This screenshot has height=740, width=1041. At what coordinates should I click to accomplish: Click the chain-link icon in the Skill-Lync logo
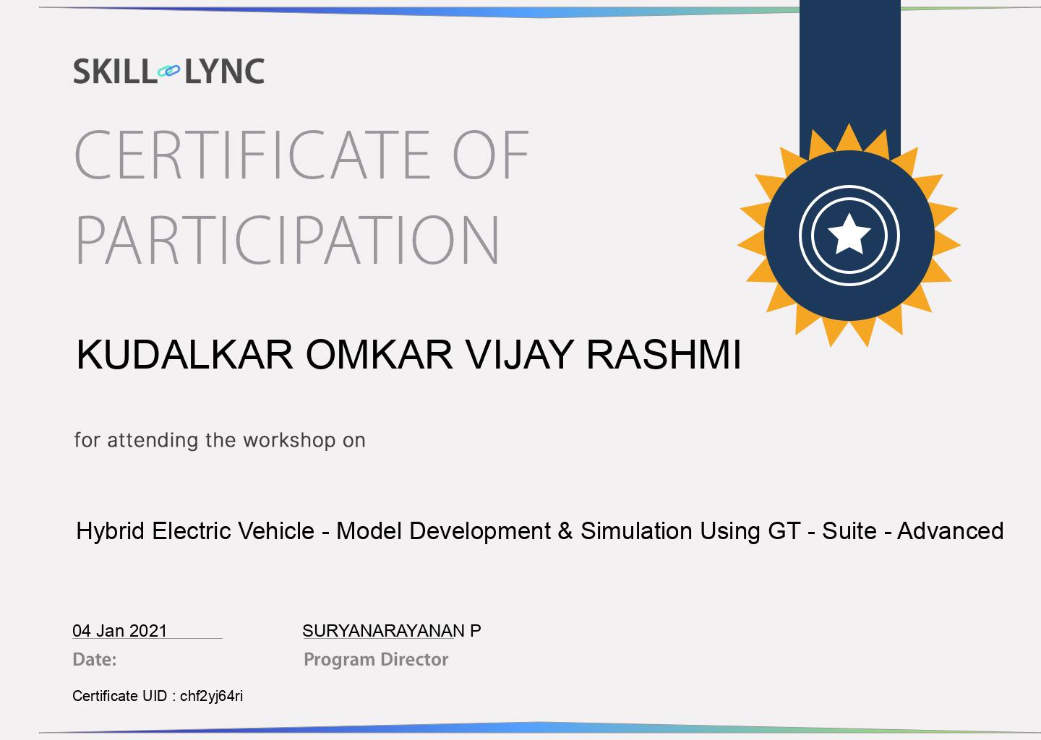click(x=168, y=71)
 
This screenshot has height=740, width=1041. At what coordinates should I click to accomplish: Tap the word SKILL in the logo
click(x=113, y=72)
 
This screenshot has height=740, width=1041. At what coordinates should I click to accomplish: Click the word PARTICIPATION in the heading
click(x=288, y=240)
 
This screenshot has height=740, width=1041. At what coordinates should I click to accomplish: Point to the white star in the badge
click(x=849, y=235)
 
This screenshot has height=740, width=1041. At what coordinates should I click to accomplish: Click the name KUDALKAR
click(x=185, y=355)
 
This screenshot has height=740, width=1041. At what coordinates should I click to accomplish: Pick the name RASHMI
click(x=663, y=355)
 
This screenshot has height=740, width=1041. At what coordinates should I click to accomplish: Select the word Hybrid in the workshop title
click(x=111, y=532)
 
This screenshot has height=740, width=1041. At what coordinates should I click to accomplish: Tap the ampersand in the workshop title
click(x=565, y=531)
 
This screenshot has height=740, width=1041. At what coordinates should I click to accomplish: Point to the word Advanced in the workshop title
click(x=950, y=531)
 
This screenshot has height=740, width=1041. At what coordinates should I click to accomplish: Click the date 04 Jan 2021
click(x=119, y=631)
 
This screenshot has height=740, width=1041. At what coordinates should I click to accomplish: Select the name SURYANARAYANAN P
click(x=391, y=631)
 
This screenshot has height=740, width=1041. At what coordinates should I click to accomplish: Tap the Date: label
click(x=94, y=660)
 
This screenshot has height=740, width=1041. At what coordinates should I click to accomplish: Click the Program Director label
click(x=376, y=660)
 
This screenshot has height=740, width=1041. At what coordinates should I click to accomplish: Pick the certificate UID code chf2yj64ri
click(x=211, y=697)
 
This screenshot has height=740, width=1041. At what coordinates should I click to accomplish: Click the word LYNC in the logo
click(x=224, y=72)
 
